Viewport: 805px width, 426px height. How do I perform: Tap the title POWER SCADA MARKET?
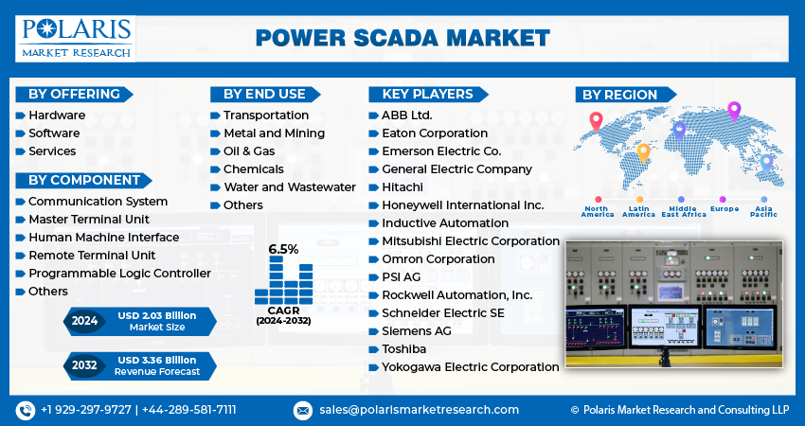point(402,37)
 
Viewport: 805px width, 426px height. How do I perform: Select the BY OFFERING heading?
point(74,94)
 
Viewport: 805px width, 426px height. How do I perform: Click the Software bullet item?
point(53,133)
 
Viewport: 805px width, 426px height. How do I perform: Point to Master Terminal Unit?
point(89,220)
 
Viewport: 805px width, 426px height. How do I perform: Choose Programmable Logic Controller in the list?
point(119,274)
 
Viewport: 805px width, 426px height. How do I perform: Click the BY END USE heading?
point(264,94)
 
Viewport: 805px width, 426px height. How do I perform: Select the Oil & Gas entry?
point(249,151)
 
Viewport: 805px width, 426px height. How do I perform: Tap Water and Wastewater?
point(289,187)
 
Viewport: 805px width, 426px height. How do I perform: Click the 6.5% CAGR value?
point(283,249)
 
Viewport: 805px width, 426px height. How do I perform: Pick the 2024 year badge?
point(84,321)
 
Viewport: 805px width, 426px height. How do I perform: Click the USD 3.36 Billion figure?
point(158,360)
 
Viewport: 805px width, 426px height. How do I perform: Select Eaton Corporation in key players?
point(435,133)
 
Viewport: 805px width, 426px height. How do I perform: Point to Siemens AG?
point(416,330)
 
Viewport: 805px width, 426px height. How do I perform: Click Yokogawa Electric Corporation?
point(470,366)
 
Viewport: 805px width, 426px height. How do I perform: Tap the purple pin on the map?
point(733,110)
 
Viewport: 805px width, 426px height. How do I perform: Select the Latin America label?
point(638,212)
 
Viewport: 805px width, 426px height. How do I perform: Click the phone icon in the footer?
point(25,410)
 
